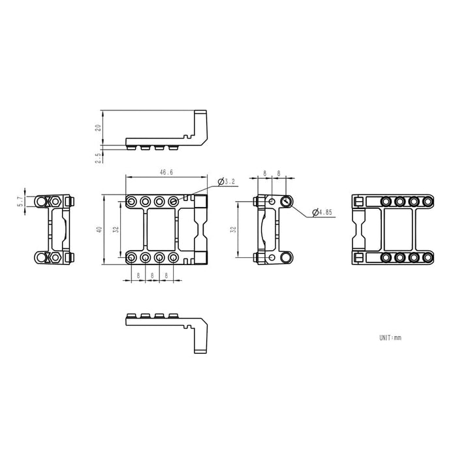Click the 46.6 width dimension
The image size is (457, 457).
pyautogui.click(x=166, y=172)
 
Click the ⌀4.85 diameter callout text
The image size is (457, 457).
pyautogui.click(x=323, y=212)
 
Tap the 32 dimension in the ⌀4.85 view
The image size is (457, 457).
pyautogui.click(x=233, y=230)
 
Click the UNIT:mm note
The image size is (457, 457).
pyautogui.click(x=390, y=338)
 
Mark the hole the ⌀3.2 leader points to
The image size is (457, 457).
pyautogui.click(x=174, y=201)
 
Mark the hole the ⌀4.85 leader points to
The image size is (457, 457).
pyautogui.click(x=285, y=201)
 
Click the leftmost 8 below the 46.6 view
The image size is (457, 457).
pyautogui.click(x=138, y=276)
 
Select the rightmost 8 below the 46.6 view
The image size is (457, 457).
pyautogui.click(x=166, y=276)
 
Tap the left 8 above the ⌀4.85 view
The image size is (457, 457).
pyautogui.click(x=265, y=174)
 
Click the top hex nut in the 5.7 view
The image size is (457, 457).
pyautogui.click(x=56, y=200)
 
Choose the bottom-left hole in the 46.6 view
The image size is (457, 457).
pyautogui.click(x=133, y=259)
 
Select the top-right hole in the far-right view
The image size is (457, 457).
pyautogui.click(x=416, y=201)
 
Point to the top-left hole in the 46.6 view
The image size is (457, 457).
pyautogui.click(x=133, y=201)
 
